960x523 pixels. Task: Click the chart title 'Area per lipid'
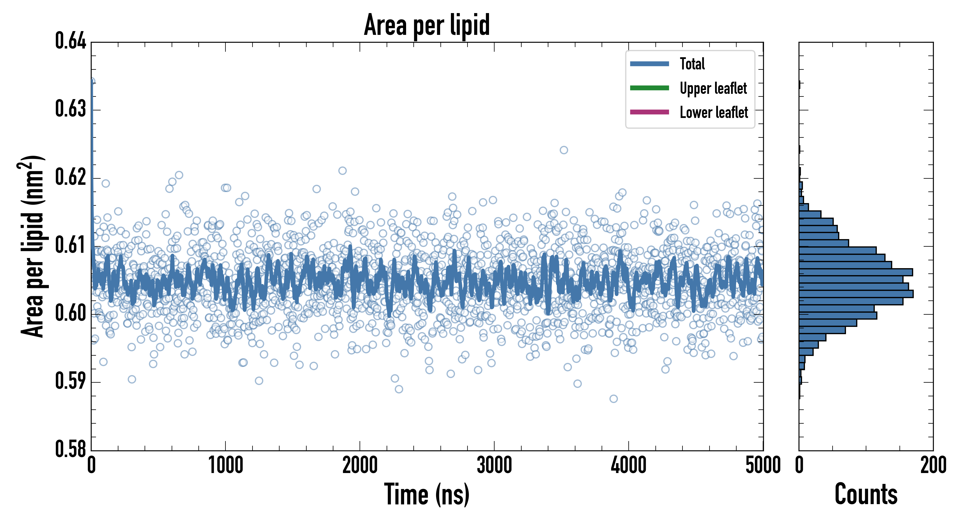427,25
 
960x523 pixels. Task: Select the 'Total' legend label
692,64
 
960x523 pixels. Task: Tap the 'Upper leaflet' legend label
713,88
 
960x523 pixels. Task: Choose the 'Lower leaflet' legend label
714,112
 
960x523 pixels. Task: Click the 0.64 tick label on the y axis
70,41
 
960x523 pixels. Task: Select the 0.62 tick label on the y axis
70,177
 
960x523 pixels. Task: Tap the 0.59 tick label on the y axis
70,381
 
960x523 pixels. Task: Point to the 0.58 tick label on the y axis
70,449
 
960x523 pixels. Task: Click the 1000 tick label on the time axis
225,465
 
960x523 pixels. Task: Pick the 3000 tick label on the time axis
494,465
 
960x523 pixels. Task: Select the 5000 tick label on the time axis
763,465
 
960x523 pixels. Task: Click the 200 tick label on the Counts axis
933,465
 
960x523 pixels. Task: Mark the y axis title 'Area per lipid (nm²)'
32,246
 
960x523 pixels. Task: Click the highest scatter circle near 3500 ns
564,150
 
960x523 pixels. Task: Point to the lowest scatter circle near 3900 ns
614,399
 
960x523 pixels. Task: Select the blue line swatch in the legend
649,64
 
